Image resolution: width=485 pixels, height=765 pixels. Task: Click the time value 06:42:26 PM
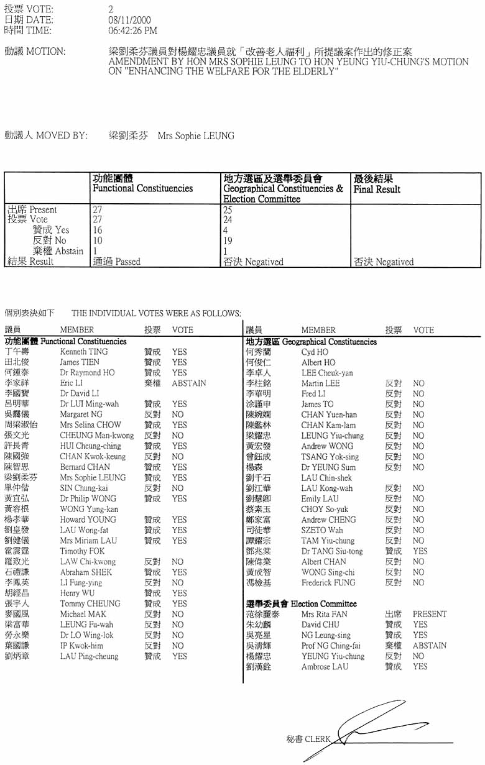(x=132, y=30)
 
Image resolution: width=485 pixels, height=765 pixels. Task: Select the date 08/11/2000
(x=126, y=20)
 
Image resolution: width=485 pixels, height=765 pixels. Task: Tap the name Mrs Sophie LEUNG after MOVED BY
(x=196, y=135)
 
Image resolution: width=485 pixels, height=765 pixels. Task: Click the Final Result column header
(x=377, y=189)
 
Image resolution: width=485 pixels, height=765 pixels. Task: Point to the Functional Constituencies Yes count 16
(x=98, y=231)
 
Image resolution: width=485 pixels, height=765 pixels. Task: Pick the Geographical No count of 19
(x=228, y=241)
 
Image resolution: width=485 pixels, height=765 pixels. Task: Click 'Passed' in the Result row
(x=127, y=262)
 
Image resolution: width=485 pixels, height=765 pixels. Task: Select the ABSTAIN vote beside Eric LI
(x=188, y=383)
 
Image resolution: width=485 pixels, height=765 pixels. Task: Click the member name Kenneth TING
(x=83, y=352)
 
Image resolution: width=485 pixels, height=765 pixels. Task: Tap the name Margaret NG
(x=81, y=415)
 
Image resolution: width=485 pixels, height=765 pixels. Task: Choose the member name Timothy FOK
(x=82, y=551)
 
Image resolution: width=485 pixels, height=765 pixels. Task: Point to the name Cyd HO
(x=315, y=352)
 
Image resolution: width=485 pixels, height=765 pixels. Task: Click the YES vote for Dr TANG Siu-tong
(x=420, y=551)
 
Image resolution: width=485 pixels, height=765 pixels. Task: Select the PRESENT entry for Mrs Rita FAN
(x=429, y=614)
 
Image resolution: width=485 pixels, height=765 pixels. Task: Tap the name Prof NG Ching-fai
(x=331, y=646)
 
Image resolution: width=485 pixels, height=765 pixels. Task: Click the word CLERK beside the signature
(x=318, y=740)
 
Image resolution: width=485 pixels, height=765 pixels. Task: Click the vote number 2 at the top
(x=111, y=9)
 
